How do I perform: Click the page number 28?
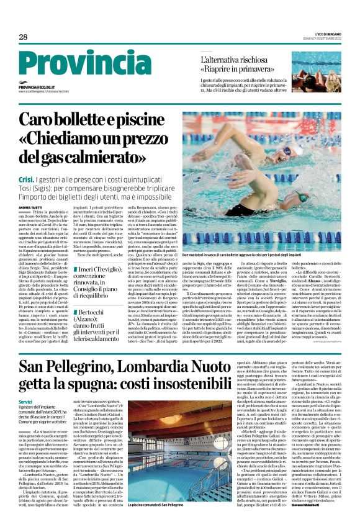click(x=23, y=37)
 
